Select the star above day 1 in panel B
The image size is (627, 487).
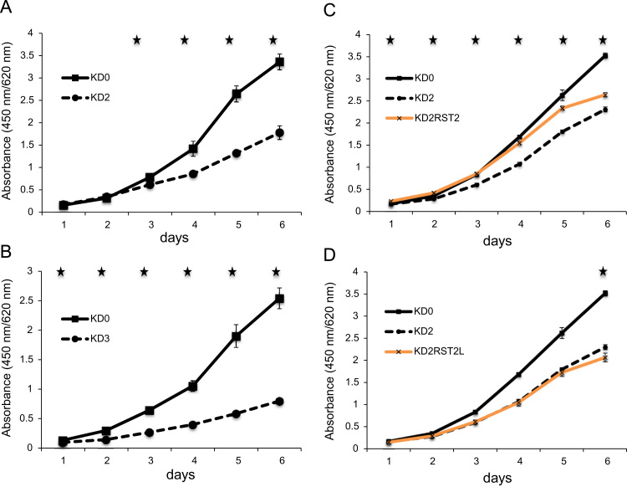click(x=60, y=272)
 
